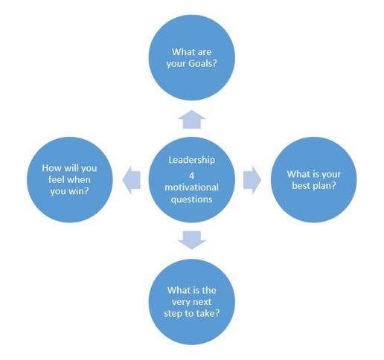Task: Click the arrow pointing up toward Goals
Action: pos(192,120)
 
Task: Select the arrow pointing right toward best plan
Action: pos(252,179)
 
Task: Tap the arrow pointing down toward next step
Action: pos(192,240)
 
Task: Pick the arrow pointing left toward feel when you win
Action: pos(132,179)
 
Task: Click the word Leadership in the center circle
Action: pos(192,160)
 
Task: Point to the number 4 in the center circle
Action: pos(191,176)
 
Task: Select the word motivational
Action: pos(192,187)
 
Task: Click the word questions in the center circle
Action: pos(192,199)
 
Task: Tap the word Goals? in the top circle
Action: pos(202,64)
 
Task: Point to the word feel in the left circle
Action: pos(56,179)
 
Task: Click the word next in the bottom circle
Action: pos(202,302)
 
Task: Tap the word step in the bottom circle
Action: pos(173,314)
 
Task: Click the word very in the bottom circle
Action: pos(181,303)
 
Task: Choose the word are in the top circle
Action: pos(205,52)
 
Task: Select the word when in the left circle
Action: pos(78,179)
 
